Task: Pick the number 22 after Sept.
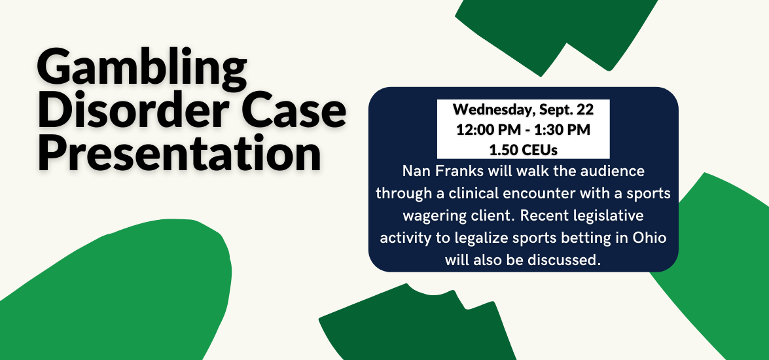click(x=585, y=109)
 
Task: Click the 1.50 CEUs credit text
click(x=524, y=150)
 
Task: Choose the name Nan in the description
click(x=414, y=171)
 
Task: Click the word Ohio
click(x=651, y=238)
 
